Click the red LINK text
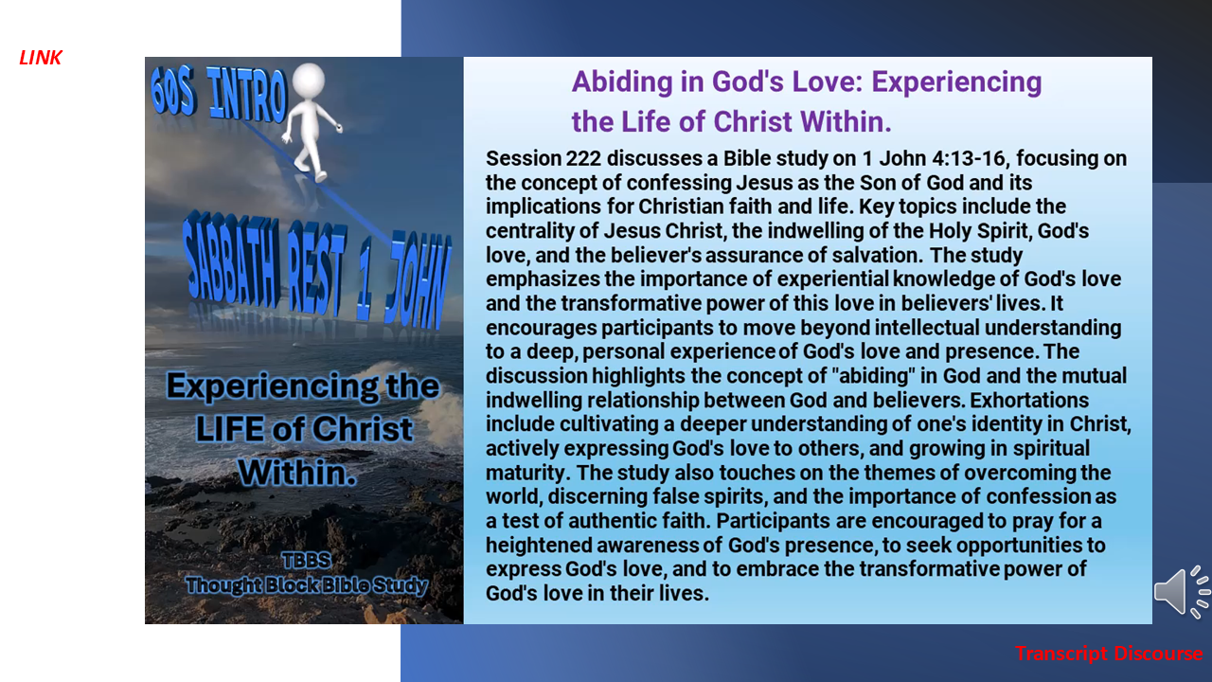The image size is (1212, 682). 41,58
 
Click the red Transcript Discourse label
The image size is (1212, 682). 1109,654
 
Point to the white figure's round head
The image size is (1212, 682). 309,81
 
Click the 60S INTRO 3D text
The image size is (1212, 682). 218,94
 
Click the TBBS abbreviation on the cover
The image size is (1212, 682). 306,560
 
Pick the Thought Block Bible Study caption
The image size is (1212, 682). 306,585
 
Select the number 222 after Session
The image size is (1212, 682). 583,158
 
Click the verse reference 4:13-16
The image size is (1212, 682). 969,158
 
